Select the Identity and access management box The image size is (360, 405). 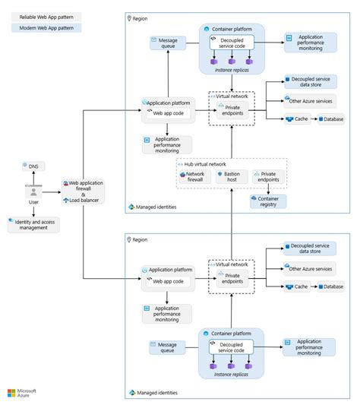[x=33, y=224]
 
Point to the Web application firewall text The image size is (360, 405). [x=86, y=183]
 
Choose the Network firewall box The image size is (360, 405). [x=191, y=176]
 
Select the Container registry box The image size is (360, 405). [x=268, y=201]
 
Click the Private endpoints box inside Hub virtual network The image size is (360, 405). [x=269, y=176]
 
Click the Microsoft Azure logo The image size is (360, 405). [x=23, y=392]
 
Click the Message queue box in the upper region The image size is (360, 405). [x=167, y=43]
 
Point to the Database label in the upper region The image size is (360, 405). [x=334, y=119]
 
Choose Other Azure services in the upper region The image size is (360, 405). [x=310, y=100]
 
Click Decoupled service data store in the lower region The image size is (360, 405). [x=310, y=248]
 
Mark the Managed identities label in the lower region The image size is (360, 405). [x=157, y=393]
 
